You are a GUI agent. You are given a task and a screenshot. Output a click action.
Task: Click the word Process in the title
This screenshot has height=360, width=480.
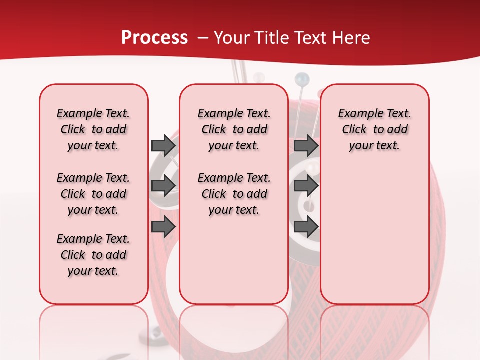tap(154, 38)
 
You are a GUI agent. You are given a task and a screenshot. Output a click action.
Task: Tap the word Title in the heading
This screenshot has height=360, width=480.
tap(272, 38)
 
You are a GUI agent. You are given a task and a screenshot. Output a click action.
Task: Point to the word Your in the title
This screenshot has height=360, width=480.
tap(232, 38)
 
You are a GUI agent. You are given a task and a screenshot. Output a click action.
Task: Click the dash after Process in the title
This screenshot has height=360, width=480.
tap(203, 38)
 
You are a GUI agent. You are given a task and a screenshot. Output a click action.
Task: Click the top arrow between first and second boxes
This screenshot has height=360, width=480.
tap(163, 145)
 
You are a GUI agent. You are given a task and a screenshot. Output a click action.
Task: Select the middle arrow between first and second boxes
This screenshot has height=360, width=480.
tap(163, 186)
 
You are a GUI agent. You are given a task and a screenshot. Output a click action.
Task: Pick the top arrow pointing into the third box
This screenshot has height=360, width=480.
tap(306, 145)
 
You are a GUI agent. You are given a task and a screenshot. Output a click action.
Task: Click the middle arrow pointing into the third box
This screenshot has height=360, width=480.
tap(306, 186)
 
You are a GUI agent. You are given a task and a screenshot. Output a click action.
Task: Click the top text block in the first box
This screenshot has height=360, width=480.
tap(93, 129)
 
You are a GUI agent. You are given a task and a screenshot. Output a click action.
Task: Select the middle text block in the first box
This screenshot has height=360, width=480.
tap(93, 194)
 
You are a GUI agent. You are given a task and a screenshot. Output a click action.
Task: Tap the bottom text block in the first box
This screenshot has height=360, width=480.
tap(93, 255)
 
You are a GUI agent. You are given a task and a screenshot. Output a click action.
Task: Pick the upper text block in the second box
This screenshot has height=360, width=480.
tap(234, 129)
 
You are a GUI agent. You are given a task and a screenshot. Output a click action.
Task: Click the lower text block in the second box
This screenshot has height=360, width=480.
tap(234, 194)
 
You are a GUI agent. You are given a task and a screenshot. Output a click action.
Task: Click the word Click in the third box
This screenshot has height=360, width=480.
tap(354, 129)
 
